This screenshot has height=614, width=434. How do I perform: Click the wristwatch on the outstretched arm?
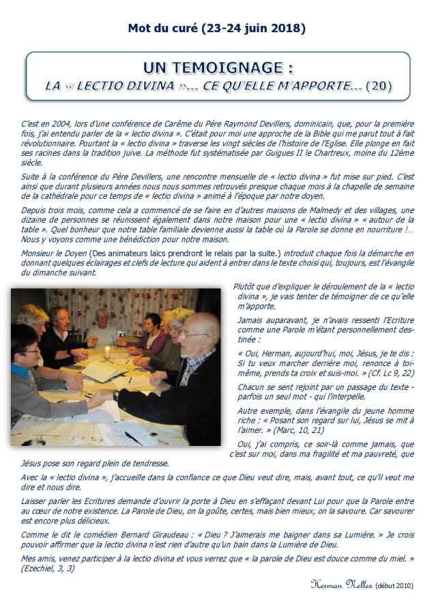pyautogui.click(x=117, y=395)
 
